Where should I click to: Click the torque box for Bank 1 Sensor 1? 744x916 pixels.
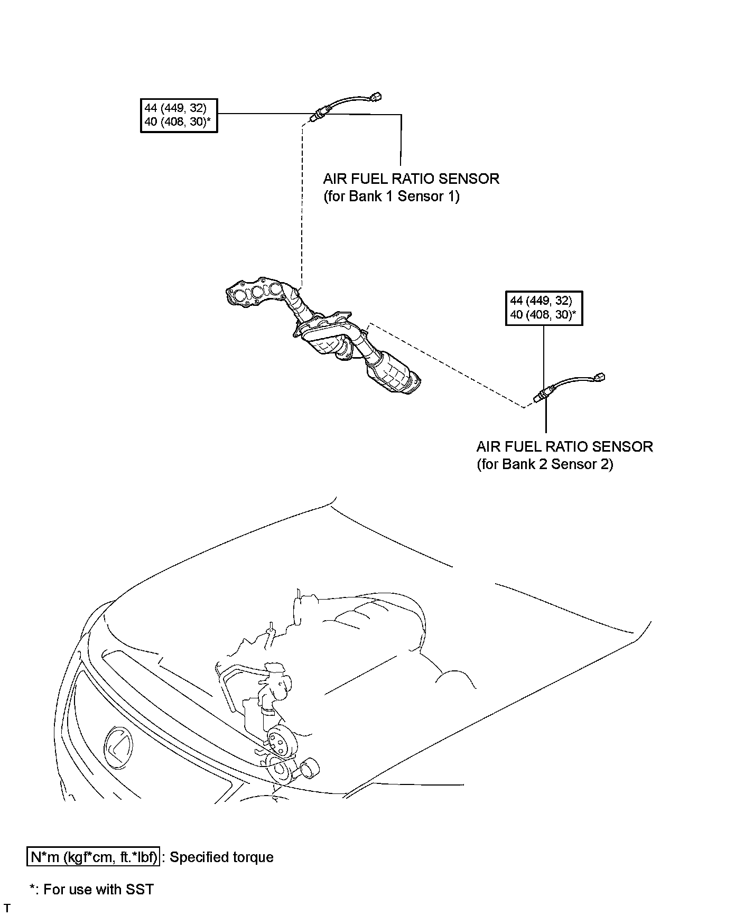tap(179, 115)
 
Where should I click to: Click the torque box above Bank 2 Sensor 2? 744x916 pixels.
tap(544, 307)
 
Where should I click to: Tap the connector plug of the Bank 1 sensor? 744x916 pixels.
tap(376, 97)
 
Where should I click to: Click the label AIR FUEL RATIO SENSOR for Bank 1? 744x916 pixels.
tap(411, 179)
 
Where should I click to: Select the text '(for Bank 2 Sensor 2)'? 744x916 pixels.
tap(544, 464)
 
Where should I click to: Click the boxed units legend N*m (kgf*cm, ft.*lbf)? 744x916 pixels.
tap(93, 857)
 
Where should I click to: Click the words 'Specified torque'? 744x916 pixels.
tap(221, 857)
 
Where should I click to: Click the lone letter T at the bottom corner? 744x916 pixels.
tap(7, 908)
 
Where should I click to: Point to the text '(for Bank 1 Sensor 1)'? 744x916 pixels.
tap(391, 197)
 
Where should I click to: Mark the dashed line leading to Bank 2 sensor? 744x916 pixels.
tap(449, 364)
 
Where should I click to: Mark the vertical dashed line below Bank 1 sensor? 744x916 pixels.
tap(302, 206)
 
